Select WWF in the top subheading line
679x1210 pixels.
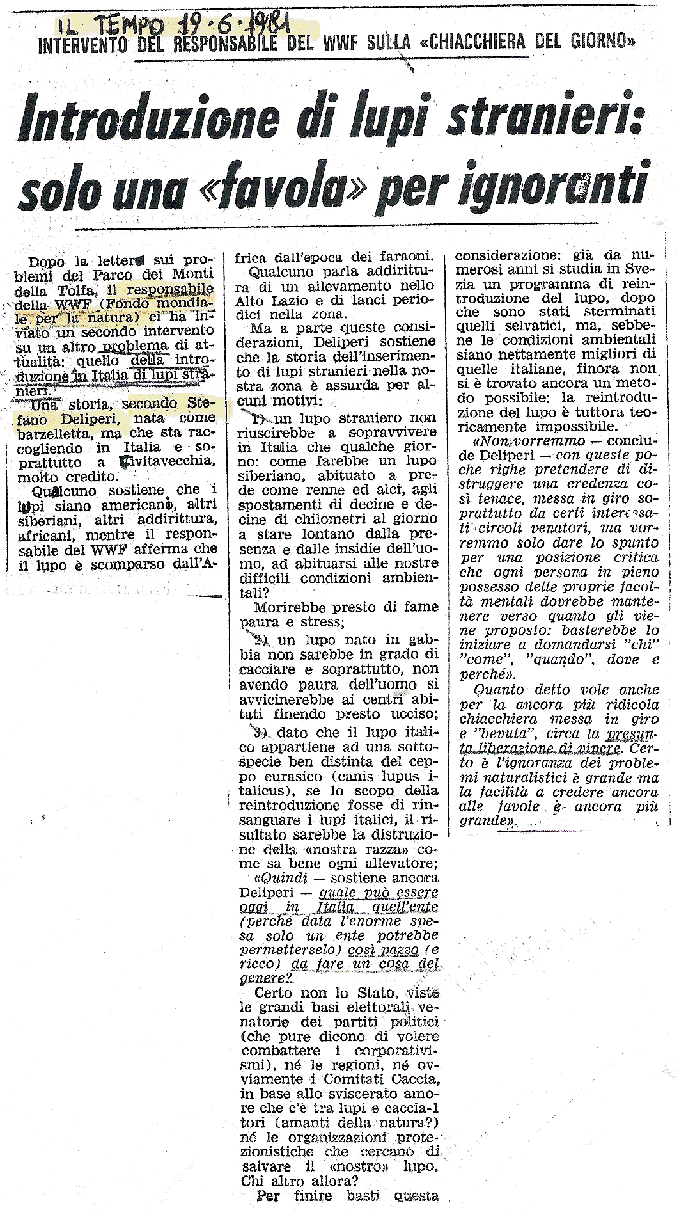click(x=355, y=44)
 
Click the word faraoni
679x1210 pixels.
click(x=402, y=256)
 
